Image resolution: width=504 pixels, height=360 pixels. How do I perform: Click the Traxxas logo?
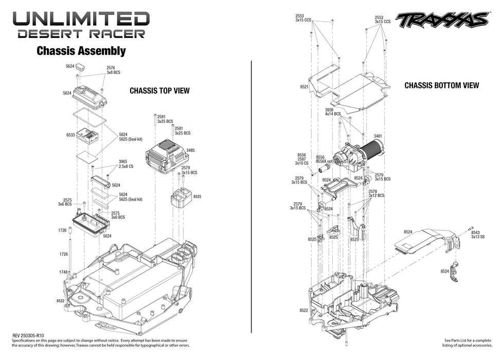click(x=442, y=20)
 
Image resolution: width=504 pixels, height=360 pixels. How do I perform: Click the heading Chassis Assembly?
click(x=81, y=51)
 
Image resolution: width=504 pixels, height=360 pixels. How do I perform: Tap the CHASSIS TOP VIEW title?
click(x=159, y=91)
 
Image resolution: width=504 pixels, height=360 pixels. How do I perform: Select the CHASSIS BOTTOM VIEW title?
click(x=441, y=85)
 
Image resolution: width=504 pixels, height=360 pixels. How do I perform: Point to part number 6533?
click(x=70, y=135)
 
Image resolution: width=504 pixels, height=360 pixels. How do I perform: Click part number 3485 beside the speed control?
click(x=191, y=151)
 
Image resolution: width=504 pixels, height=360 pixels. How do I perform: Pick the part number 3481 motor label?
click(x=377, y=136)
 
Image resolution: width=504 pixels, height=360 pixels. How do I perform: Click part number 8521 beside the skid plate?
click(x=303, y=87)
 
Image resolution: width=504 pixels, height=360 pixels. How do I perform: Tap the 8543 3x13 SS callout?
click(x=478, y=234)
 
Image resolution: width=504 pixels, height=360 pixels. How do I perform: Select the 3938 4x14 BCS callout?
click(x=333, y=112)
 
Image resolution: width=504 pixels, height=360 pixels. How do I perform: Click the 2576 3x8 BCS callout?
click(x=113, y=70)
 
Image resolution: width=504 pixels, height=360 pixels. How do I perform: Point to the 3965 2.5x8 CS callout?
click(x=126, y=164)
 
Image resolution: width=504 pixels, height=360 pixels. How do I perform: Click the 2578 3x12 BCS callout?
click(x=376, y=193)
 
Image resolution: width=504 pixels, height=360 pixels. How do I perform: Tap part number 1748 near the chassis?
click(x=63, y=272)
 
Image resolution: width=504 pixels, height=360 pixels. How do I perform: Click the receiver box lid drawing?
click(x=90, y=96)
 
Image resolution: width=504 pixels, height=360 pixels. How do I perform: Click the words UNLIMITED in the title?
click(x=81, y=19)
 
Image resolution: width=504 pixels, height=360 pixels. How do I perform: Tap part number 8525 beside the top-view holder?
click(x=197, y=196)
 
